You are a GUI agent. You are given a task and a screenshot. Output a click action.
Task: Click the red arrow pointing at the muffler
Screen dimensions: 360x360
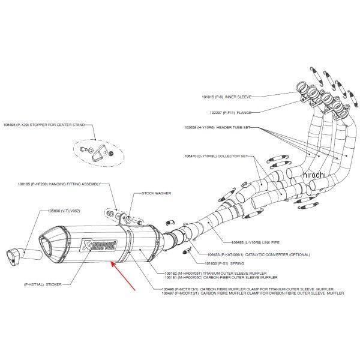(x=123, y=275)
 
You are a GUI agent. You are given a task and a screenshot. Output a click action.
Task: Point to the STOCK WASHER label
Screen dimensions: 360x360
(x=157, y=194)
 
